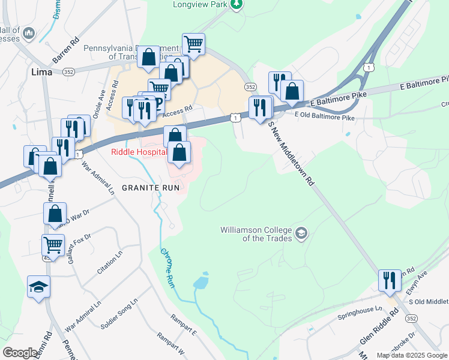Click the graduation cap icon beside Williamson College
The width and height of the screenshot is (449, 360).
[301, 233]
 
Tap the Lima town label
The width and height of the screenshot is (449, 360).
[41, 71]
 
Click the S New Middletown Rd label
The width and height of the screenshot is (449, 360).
[292, 152]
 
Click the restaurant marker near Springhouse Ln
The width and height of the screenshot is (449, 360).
[390, 280]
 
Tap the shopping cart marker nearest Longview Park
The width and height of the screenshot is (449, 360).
[193, 43]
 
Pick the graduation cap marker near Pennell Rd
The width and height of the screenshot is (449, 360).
[39, 287]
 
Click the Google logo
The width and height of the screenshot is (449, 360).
[20, 353]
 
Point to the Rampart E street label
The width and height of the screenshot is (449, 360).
[183, 323]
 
